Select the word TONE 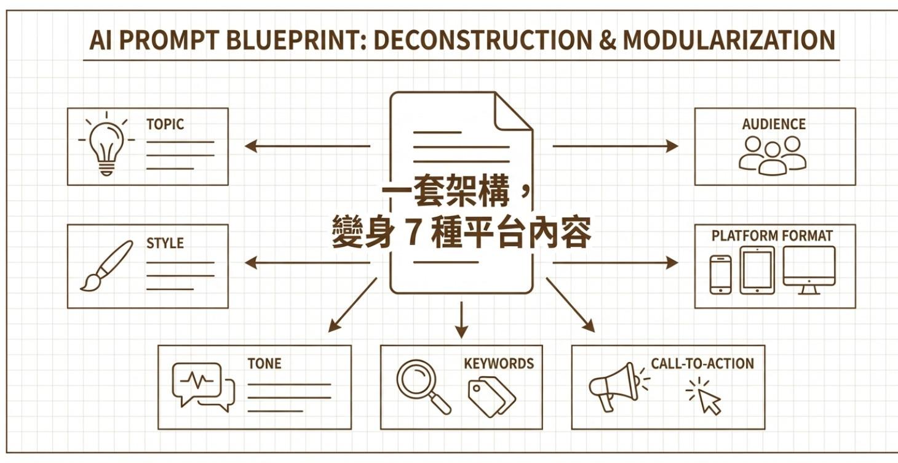pos(264,363)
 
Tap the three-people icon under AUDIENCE pos(772,155)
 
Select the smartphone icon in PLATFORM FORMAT pos(720,275)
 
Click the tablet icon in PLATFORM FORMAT pos(757,271)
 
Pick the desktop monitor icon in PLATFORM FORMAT pos(809,269)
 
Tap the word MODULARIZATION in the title pos(729,41)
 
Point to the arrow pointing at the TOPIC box pos(308,146)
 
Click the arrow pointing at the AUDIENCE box pos(615,146)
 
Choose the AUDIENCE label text pos(774,124)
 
